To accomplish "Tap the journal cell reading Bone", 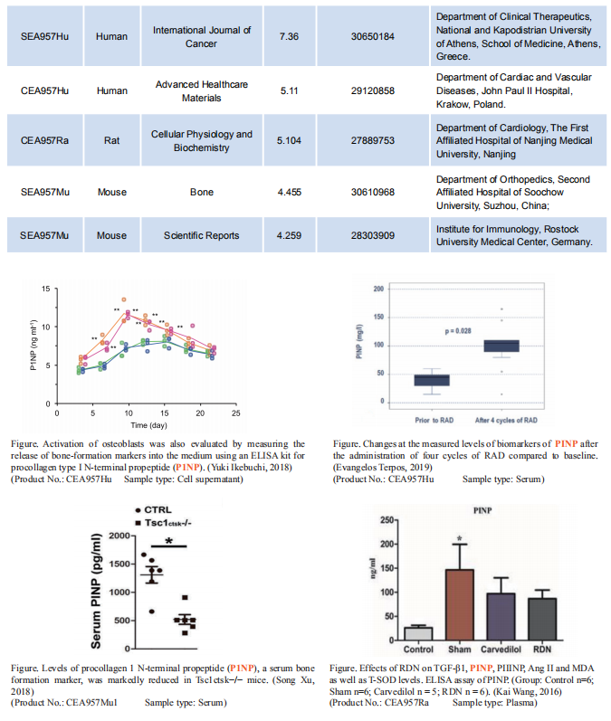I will (x=202, y=192).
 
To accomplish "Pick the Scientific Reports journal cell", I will (x=202, y=235).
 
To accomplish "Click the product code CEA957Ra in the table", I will (x=45, y=141).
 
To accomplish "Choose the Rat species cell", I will (x=112, y=141).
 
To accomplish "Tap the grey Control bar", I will (x=417, y=633).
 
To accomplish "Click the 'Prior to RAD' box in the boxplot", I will (x=432, y=380).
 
